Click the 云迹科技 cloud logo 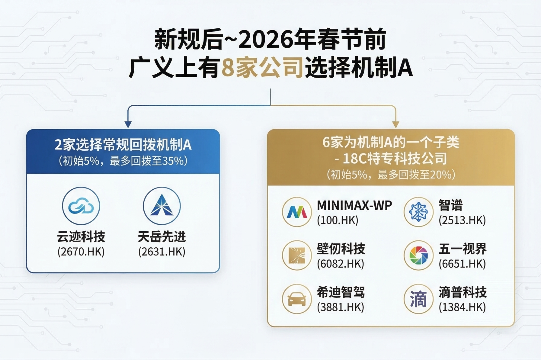(81, 206)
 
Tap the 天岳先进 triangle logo (162, 206)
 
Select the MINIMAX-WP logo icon (297, 212)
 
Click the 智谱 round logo (418, 212)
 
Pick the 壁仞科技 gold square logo (297, 256)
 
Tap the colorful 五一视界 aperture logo (418, 256)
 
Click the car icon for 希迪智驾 (297, 299)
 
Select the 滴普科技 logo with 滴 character (418, 299)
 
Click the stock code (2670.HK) (81, 252)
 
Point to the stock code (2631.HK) (162, 252)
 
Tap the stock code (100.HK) (338, 220)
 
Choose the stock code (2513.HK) (462, 220)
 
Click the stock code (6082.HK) (341, 264)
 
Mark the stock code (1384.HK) (462, 307)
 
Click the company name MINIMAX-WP (354, 205)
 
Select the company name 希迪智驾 (341, 292)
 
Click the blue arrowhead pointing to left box (128, 124)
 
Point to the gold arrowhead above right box (395, 124)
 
